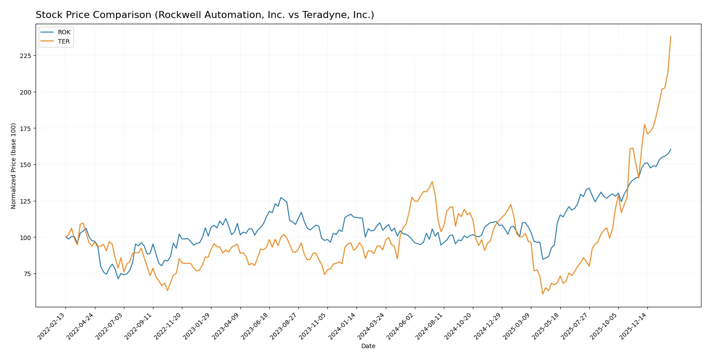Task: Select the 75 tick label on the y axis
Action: pyautogui.click(x=27, y=274)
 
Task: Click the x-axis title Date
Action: pyautogui.click(x=368, y=346)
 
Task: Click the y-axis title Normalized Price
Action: pyautogui.click(x=13, y=166)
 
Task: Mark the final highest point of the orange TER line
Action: pyautogui.click(x=671, y=36)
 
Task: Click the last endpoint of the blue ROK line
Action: pyautogui.click(x=671, y=149)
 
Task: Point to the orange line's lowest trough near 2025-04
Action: pyautogui.click(x=543, y=294)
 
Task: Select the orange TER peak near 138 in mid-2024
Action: pyautogui.click(x=432, y=182)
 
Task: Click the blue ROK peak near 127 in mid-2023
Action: pyautogui.click(x=281, y=198)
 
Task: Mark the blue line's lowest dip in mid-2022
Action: pyautogui.click(x=118, y=279)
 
